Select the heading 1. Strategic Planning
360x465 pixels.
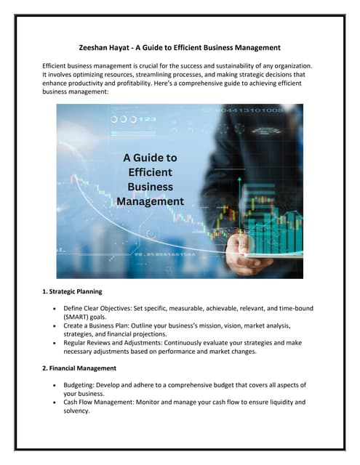click(x=73, y=292)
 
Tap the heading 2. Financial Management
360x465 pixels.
click(x=79, y=368)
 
